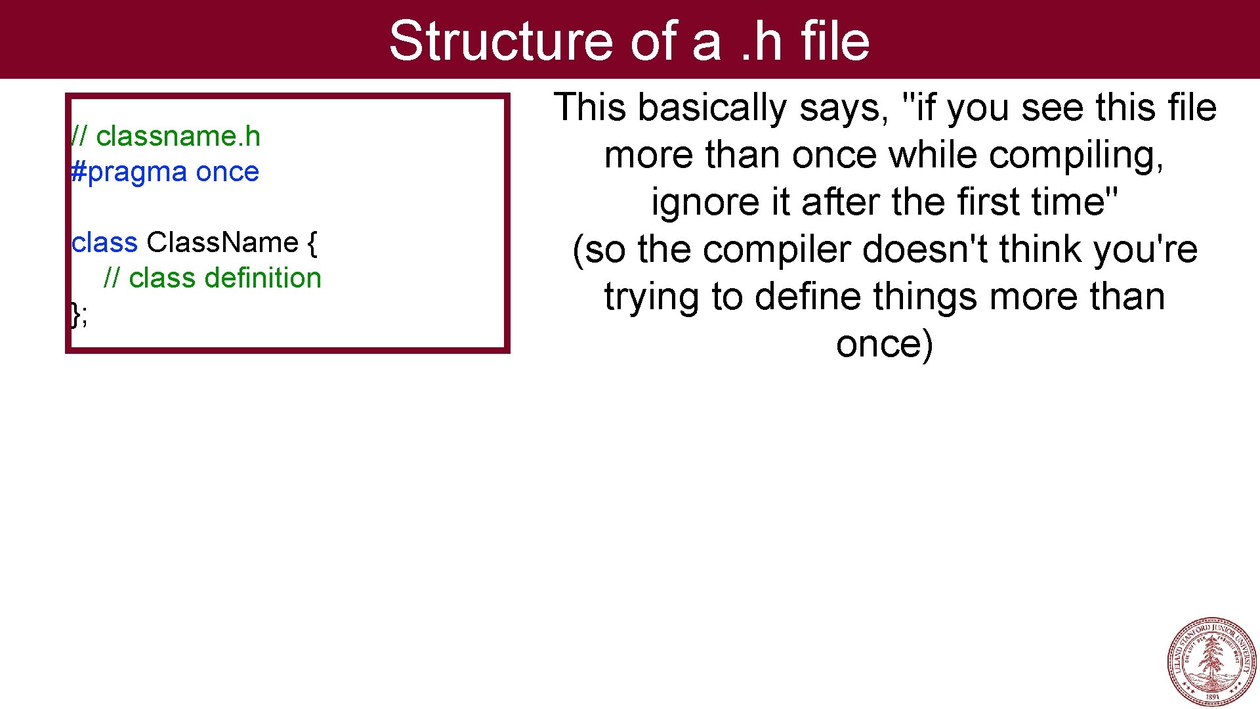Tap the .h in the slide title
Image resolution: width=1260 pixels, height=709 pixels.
[x=761, y=41]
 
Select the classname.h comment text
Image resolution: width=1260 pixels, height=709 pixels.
[x=178, y=137]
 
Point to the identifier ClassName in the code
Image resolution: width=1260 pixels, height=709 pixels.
[x=222, y=243]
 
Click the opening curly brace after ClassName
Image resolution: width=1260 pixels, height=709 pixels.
[x=312, y=243]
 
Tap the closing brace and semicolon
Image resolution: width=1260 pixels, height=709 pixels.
[x=79, y=314]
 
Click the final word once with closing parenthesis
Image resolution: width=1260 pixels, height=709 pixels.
[x=884, y=345]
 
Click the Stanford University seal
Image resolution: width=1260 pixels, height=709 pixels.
[x=1211, y=661]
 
